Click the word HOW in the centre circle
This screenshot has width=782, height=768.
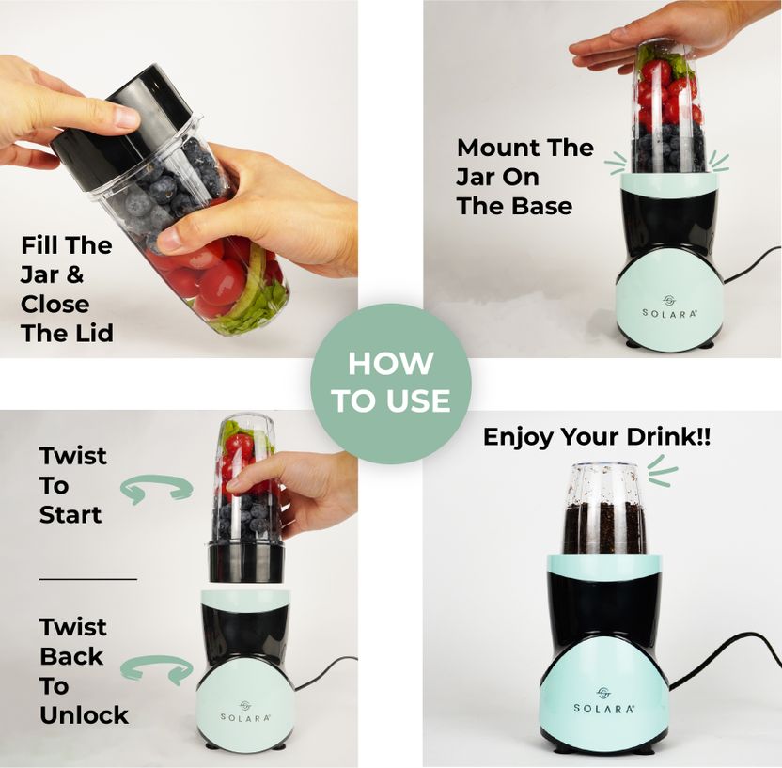pos(390,364)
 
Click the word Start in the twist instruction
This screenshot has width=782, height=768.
pos(70,514)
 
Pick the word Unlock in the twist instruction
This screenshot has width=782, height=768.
pos(84,715)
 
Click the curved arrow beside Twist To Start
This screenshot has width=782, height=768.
pos(157,487)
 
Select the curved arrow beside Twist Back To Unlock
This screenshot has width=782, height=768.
pos(157,668)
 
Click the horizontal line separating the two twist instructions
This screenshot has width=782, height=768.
pos(88,579)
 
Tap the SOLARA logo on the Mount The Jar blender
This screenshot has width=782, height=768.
pos(669,307)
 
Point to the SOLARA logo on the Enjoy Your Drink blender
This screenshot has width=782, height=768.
pos(604,700)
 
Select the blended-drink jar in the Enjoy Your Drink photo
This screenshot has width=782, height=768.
pos(604,509)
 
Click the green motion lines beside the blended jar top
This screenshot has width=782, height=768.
pos(662,470)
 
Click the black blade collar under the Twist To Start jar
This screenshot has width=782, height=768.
pos(246,562)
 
